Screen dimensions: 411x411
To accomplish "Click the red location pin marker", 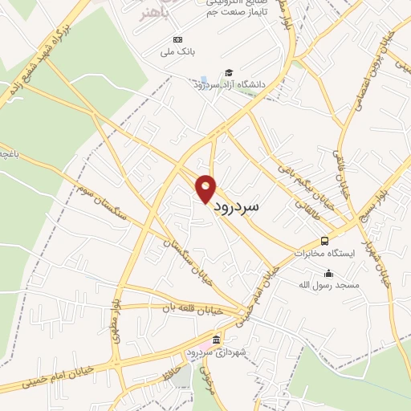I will click(206, 189).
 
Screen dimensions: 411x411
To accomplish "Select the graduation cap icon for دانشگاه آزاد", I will click(229, 72).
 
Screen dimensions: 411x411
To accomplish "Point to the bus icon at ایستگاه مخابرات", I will click(324, 241).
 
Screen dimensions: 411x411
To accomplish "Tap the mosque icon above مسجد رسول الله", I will click(328, 273).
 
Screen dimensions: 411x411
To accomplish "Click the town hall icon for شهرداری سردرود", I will click(218, 340).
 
